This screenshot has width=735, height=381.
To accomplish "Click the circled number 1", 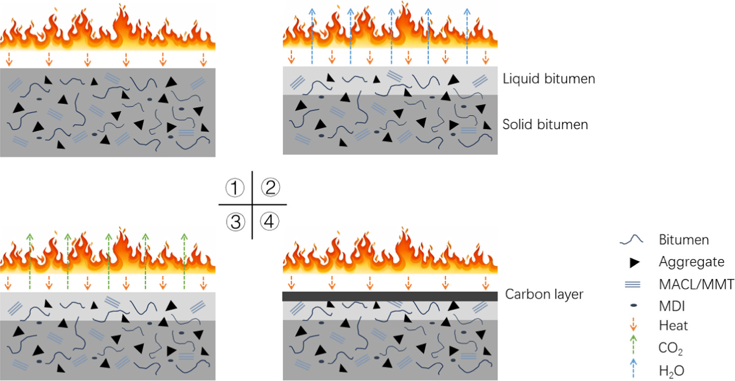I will point(235,187).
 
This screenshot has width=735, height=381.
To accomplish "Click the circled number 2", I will point(270,187).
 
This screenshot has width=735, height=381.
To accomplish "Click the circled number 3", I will point(235,222).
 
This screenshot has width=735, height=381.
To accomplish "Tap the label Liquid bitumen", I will point(549,79).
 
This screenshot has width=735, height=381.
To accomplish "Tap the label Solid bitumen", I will point(545,124).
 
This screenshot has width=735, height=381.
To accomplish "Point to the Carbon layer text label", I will point(543,294).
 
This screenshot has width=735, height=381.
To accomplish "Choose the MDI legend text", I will point(671,306).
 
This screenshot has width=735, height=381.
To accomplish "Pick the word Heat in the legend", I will point(673,325).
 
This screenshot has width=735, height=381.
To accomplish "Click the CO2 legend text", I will point(671,349).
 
